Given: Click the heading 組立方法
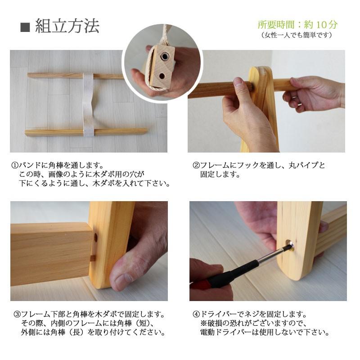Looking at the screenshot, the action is coord(67,26).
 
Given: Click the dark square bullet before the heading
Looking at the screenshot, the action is coord(25,27).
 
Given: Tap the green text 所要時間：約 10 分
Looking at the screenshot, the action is coord(297,25).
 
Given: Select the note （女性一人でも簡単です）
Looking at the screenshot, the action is coord(297,35).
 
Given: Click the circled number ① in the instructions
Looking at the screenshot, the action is coord(15,165).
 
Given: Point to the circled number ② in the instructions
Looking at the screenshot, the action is coord(196,165).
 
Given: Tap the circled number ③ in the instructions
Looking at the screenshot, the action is coord(17,314).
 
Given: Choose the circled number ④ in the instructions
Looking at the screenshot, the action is coord(196,314).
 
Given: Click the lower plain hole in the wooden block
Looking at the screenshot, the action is coord(162,76).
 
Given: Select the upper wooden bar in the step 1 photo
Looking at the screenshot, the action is coord(76,76).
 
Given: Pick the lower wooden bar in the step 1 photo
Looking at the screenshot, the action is coord(86,132).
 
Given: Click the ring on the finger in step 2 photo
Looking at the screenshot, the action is coord(299,104).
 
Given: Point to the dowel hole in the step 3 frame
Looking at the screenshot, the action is coord(95,238).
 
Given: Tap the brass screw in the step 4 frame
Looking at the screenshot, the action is coord(289,245).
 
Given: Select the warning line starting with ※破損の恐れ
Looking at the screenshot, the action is coord(254,323).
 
